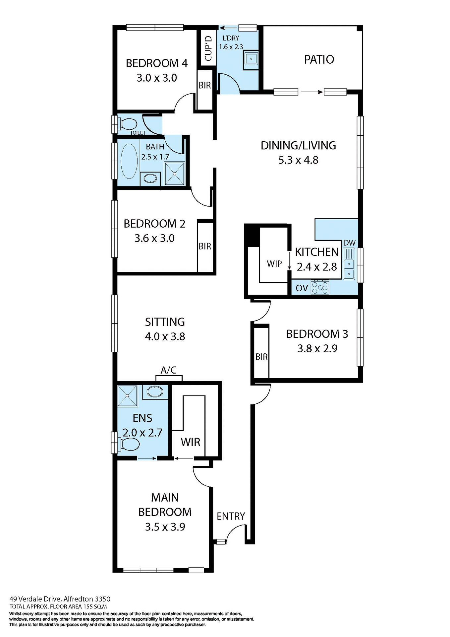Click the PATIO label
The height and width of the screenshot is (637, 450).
pyautogui.click(x=319, y=59)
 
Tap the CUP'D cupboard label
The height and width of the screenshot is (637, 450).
pyautogui.click(x=208, y=48)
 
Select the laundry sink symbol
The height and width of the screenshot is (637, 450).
pyautogui.click(x=251, y=59)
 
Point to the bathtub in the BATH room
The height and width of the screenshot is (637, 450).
pyautogui.click(x=129, y=162)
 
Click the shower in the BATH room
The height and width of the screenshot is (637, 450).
pyautogui.click(x=174, y=174)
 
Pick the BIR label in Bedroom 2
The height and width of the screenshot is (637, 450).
pyautogui.click(x=205, y=246)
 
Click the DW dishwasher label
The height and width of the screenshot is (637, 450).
pyautogui.click(x=349, y=243)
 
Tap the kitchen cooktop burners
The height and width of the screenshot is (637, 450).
pyautogui.click(x=320, y=287)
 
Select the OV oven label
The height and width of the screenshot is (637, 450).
pyautogui.click(x=302, y=288)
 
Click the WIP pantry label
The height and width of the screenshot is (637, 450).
pyautogui.click(x=274, y=264)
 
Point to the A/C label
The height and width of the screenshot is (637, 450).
pyautogui.click(x=168, y=370)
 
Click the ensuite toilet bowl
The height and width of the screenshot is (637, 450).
pyautogui.click(x=130, y=444)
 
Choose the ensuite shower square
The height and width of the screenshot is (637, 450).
pyautogui.click(x=128, y=395)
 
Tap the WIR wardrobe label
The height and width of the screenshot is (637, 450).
pyautogui.click(x=191, y=442)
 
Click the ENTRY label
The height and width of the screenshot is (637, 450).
pyautogui.click(x=231, y=516)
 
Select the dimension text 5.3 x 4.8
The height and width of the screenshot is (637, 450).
pyautogui.click(x=298, y=160)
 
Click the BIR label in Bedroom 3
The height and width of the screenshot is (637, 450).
pyautogui.click(x=261, y=357)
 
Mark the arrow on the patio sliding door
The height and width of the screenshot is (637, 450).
pyautogui.click(x=311, y=92)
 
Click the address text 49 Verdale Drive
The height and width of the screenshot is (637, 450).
pyautogui.click(x=35, y=599)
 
